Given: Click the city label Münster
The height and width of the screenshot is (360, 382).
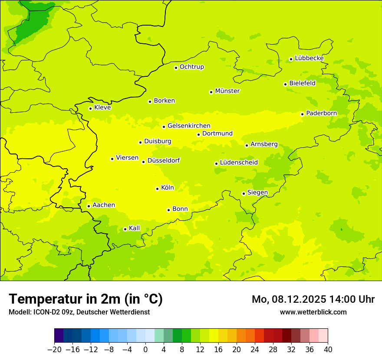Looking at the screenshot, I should (x=227, y=91).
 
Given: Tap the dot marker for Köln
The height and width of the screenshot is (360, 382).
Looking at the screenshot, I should (x=157, y=189).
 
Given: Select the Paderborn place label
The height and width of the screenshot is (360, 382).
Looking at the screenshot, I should (x=321, y=113).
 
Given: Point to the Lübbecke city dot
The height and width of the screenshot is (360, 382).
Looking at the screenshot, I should (x=291, y=59).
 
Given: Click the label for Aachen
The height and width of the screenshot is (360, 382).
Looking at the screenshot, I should (x=104, y=205).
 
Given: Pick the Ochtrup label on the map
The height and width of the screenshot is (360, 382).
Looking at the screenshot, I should (x=192, y=67).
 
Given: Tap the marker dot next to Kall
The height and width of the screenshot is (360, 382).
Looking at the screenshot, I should (x=125, y=229).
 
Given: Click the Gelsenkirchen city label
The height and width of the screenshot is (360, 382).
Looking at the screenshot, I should (x=189, y=126).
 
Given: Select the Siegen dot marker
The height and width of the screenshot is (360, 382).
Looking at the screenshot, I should (x=244, y=193).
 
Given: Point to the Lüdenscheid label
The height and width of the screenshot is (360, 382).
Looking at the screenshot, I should (x=239, y=163).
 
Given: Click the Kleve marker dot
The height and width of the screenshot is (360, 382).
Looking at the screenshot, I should (x=90, y=108).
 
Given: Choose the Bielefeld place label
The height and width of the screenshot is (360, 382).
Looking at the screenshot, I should (x=302, y=83).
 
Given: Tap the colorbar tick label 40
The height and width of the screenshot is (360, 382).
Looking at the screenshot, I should (x=328, y=350).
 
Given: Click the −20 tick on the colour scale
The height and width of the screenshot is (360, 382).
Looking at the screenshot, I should (x=54, y=350).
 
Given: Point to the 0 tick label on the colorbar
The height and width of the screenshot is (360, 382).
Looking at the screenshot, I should (x=145, y=350).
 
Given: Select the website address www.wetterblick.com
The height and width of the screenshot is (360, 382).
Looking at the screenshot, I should (x=313, y=312).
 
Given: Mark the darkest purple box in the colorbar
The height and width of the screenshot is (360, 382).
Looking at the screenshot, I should (x=59, y=336).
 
